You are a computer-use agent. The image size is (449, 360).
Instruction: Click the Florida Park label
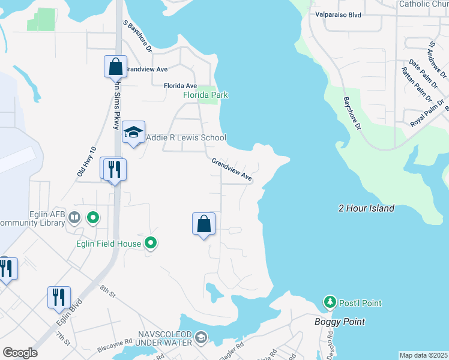[205, 95]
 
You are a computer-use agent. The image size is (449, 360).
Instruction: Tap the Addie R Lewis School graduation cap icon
[133, 133]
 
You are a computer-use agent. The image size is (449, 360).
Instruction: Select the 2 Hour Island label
[366, 208]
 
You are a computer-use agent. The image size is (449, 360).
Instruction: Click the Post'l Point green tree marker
[329, 302]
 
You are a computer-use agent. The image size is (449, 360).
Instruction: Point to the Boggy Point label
[339, 322]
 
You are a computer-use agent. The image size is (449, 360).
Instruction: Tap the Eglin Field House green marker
[151, 243]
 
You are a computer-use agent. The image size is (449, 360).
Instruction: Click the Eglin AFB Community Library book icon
[75, 217]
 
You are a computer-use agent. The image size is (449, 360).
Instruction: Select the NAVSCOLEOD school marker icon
[201, 337]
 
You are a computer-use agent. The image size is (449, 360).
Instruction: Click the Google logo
[20, 353]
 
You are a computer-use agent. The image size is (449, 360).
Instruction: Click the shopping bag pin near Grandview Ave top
[115, 67]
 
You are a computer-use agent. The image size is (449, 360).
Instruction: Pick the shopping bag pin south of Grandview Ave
[204, 224]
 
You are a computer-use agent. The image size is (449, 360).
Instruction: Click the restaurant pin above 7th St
[59, 298]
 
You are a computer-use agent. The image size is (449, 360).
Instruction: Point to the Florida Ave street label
[180, 86]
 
